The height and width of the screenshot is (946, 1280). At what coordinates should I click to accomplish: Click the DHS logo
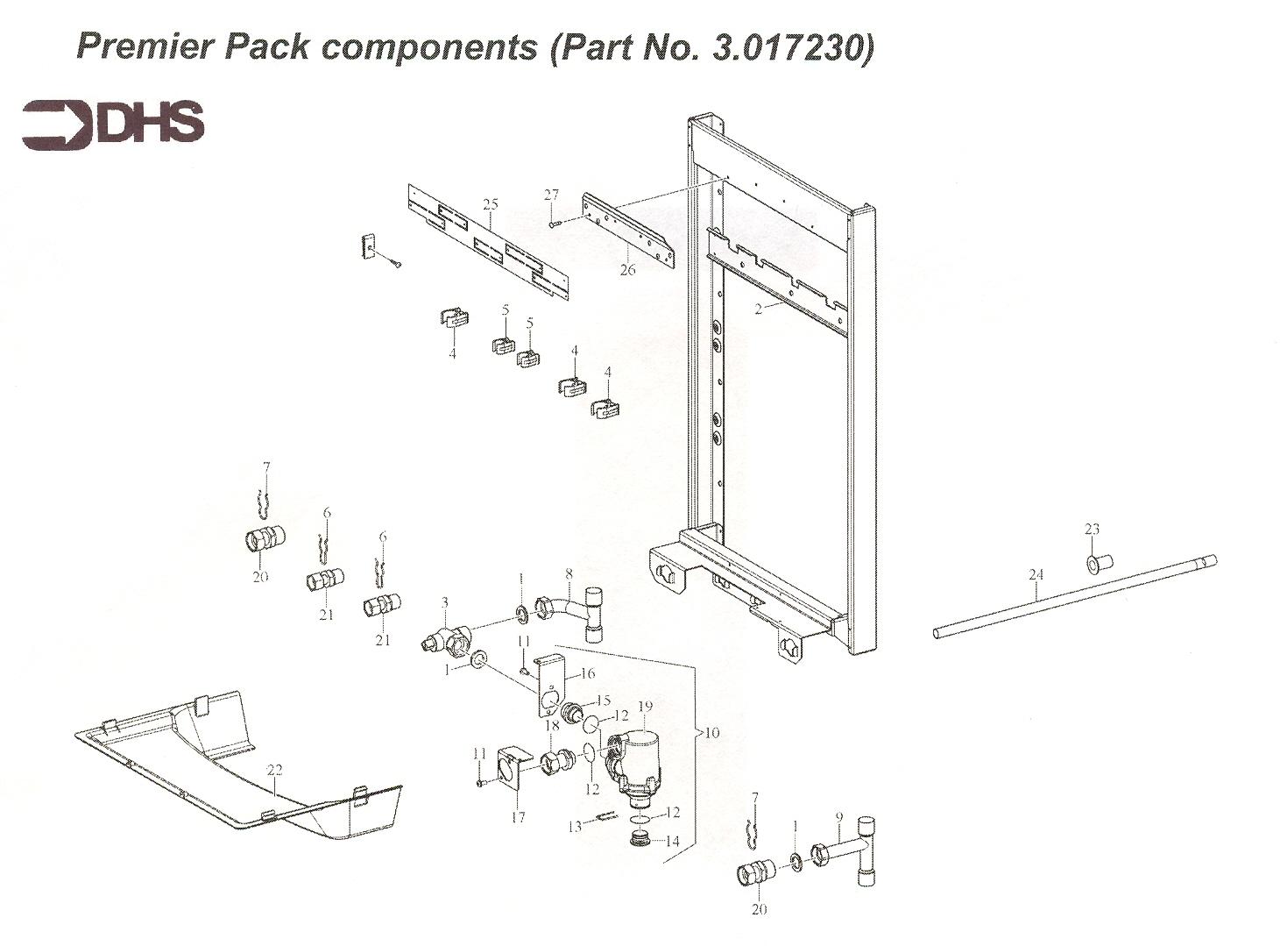[x=114, y=124]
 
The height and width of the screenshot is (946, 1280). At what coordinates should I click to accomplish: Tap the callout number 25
[x=491, y=205]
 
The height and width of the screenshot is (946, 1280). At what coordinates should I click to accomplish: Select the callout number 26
[x=627, y=270]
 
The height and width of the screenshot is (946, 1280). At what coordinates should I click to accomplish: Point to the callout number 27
[x=551, y=195]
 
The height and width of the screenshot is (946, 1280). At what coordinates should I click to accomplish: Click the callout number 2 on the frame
[x=759, y=309]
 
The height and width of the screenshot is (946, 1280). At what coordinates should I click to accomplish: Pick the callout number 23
[x=1092, y=530]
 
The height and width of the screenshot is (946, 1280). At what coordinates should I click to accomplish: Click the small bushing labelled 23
[x=1099, y=561]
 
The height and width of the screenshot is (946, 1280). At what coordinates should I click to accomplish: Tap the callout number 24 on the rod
[x=1036, y=575]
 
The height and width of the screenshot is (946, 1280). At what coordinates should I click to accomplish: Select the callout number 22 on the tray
[x=275, y=770]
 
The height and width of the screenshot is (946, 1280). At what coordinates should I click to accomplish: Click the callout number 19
[x=646, y=707]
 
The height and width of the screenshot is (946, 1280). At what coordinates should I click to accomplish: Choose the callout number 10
[x=711, y=732]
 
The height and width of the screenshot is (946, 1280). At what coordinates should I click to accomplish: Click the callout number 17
[x=518, y=817]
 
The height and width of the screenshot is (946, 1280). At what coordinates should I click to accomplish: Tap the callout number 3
[x=445, y=602]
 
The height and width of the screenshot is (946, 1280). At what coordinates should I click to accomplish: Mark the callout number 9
[x=838, y=817]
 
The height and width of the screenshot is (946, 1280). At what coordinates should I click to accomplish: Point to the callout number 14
[x=672, y=841]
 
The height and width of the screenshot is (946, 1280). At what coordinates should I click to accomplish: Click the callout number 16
[x=588, y=674]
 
